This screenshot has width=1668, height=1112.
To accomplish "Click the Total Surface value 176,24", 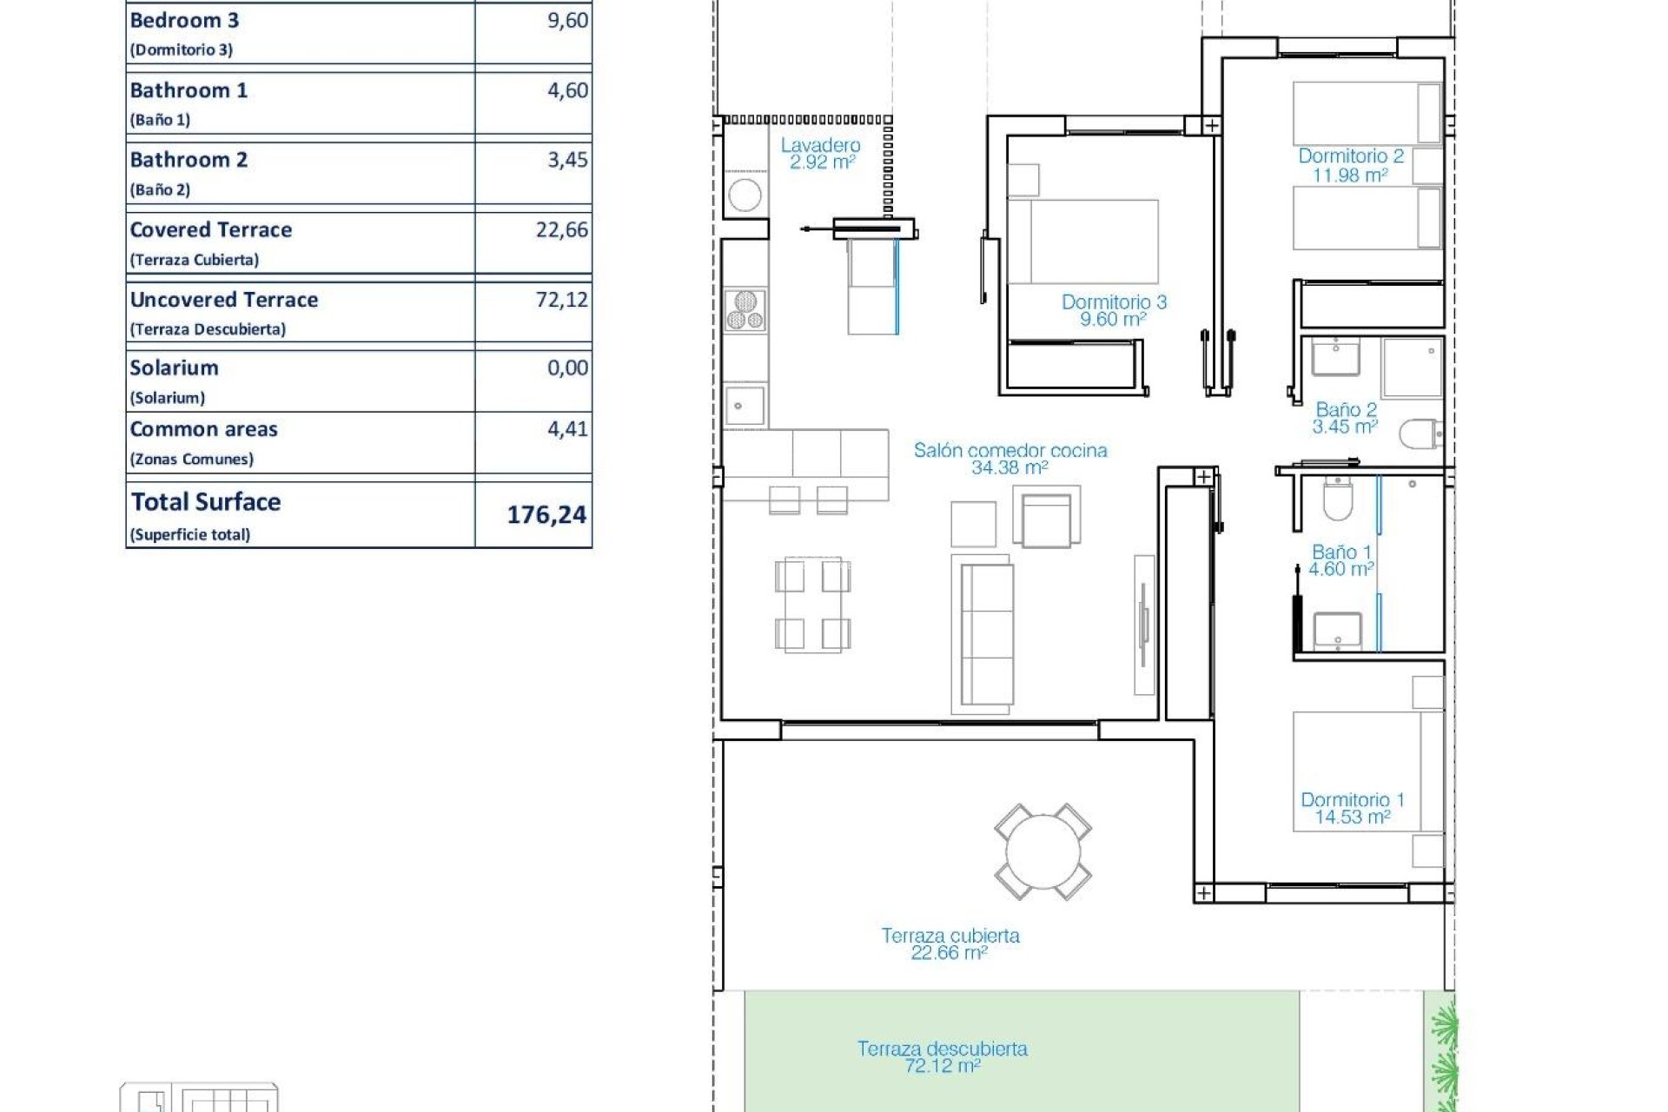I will (x=546, y=515).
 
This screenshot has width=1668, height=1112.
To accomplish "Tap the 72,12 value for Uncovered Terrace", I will (x=561, y=300).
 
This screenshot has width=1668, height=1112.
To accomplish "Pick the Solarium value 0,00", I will (x=567, y=368).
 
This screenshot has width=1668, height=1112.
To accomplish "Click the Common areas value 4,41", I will (x=567, y=429).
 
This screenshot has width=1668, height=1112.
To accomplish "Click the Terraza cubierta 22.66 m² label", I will (x=950, y=944).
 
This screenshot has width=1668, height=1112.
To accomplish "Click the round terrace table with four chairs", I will (x=1042, y=851).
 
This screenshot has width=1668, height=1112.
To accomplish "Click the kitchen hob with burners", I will (x=745, y=311).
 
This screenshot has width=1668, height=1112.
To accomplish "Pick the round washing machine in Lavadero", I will (x=745, y=195).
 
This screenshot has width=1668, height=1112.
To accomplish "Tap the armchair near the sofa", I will (x=1046, y=519).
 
